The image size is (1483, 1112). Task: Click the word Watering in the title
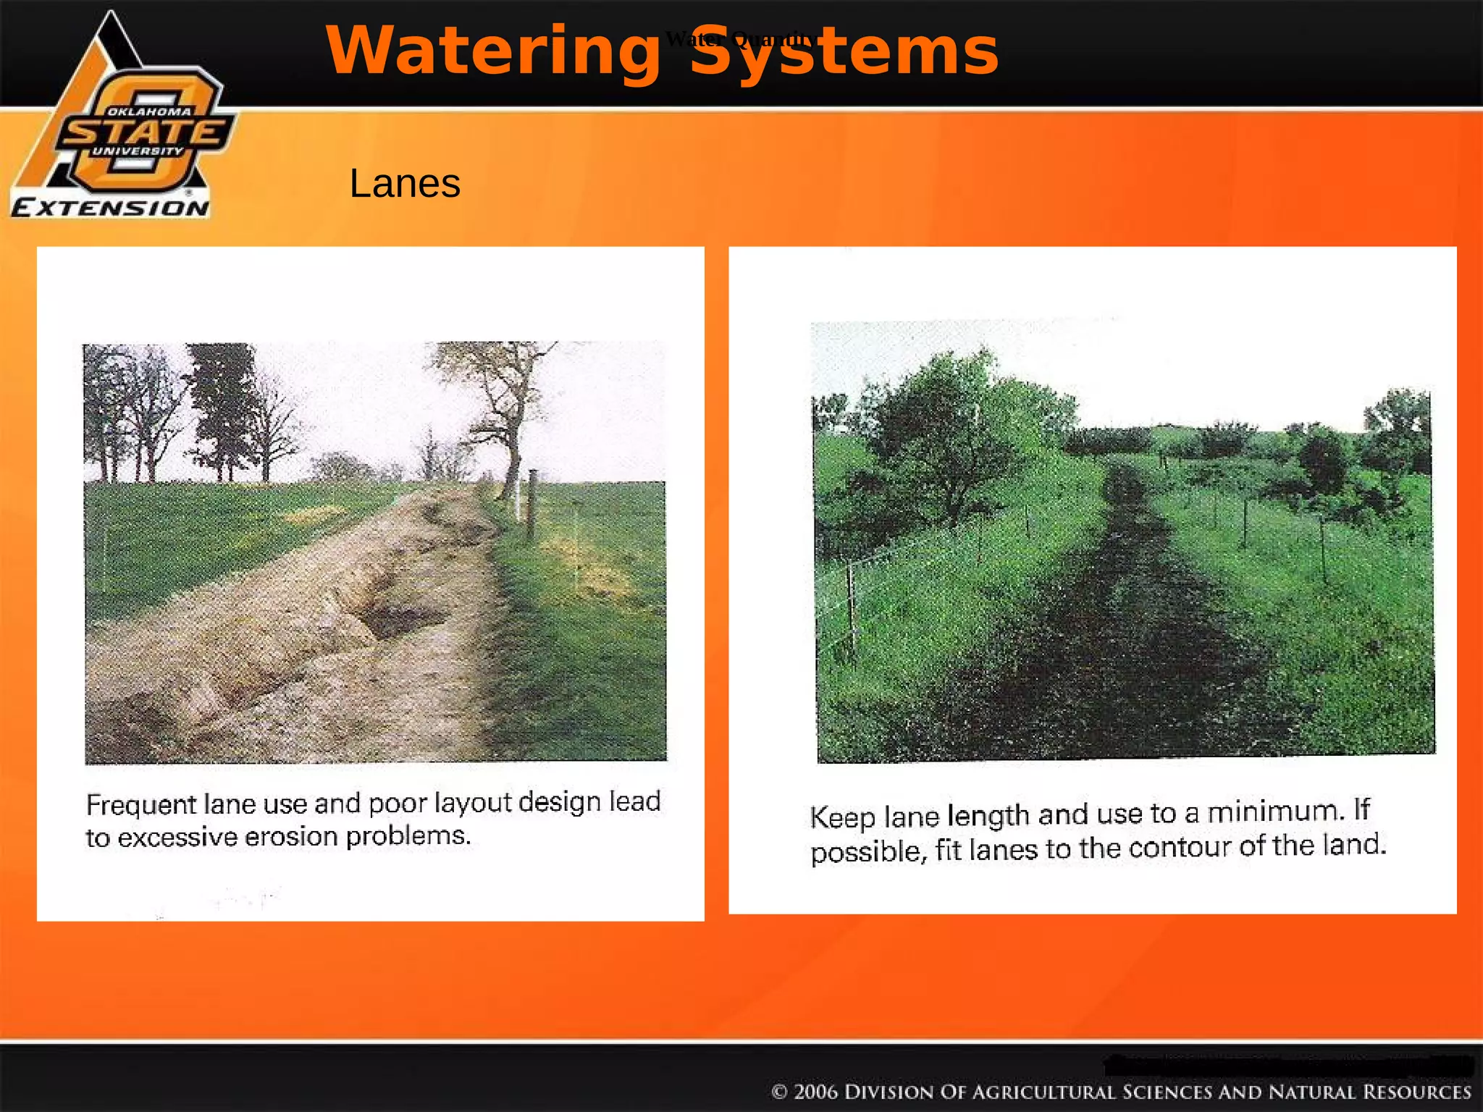[x=492, y=51]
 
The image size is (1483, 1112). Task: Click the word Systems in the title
[x=844, y=51]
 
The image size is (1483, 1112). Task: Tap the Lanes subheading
[x=405, y=183]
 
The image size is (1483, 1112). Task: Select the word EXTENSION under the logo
[x=111, y=208]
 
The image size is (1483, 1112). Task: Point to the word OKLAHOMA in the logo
[x=149, y=111]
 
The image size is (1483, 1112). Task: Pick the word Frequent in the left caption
[x=141, y=804]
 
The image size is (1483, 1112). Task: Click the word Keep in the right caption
[x=843, y=817]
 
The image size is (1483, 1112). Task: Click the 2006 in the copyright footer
[x=815, y=1092]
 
